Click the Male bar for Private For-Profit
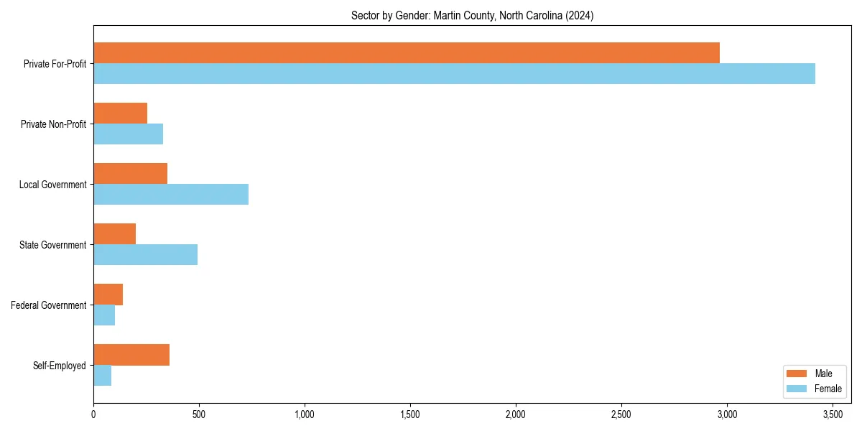[407, 53]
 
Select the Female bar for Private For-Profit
[454, 74]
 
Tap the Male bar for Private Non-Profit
[120, 113]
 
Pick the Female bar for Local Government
[171, 195]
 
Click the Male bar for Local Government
[130, 174]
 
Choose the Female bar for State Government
[145, 255]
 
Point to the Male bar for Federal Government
[108, 295]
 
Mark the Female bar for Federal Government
[104, 315]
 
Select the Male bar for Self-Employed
[131, 355]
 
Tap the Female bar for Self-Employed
[102, 376]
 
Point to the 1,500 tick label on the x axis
[410, 414]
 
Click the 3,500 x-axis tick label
[833, 414]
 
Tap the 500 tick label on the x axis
[199, 414]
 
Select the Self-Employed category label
[60, 366]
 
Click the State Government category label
[53, 245]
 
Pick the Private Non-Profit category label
[53, 124]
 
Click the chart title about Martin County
[472, 15]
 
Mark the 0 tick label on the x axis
[93, 414]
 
